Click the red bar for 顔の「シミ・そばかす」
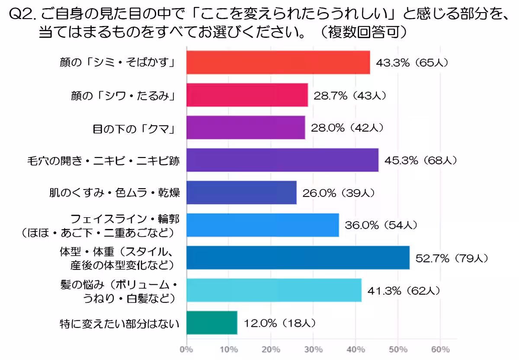[278, 62]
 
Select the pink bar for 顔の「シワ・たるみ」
[247, 95]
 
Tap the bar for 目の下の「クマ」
[246, 128]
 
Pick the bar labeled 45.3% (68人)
[282, 160]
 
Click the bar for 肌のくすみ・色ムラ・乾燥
[241, 193]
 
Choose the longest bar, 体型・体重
[298, 258]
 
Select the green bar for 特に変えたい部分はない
[212, 323]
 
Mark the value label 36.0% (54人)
[381, 225]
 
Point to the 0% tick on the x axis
[186, 349]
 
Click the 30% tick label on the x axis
[314, 349]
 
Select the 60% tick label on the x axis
[440, 349]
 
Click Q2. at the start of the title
[23, 15]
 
